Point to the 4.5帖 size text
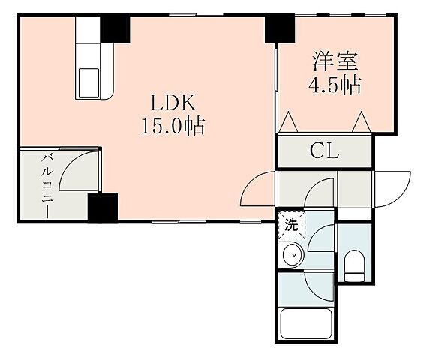[335, 84]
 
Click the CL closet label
[325, 152]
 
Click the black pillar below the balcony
[102, 208]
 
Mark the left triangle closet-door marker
[289, 120]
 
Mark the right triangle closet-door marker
[362, 120]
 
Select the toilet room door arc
[321, 242]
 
